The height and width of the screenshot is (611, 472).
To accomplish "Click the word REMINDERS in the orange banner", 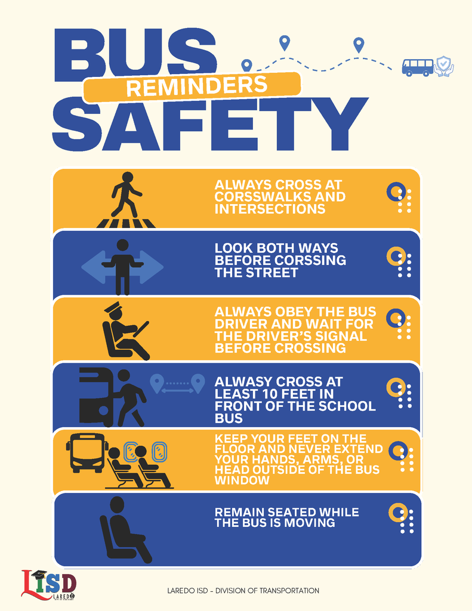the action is (197, 87).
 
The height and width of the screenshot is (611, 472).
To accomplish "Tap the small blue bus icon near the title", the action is (418, 67).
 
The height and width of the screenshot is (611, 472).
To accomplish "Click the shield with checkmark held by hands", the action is (444, 66).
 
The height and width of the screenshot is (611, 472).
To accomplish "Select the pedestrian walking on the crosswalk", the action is (125, 195).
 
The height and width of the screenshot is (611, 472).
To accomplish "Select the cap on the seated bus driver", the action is (113, 308).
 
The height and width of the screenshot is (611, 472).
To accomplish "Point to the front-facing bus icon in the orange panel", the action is (87, 453).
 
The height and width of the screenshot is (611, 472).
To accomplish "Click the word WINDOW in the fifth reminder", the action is (242, 480).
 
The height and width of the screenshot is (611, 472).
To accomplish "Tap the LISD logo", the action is (49, 585).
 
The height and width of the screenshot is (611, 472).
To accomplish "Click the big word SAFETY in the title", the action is (210, 124).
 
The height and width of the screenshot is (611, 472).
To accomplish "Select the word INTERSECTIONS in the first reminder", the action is (270, 209).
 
